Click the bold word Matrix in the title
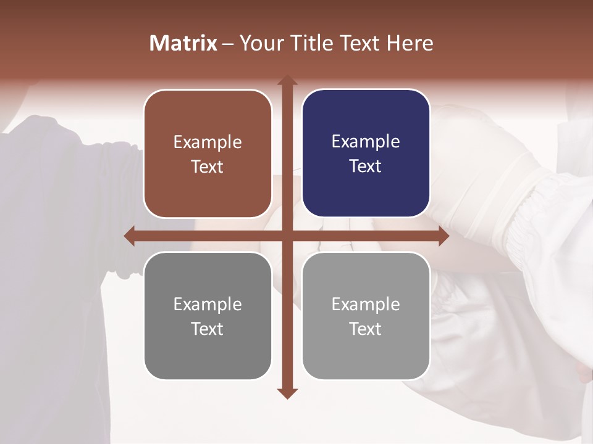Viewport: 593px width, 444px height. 183,43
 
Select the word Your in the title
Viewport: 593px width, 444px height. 262,43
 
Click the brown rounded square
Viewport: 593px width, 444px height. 208,154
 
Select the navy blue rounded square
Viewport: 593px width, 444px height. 366,154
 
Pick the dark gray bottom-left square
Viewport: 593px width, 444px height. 208,316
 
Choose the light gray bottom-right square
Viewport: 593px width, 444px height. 366,316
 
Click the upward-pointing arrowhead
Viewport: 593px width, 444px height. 287,81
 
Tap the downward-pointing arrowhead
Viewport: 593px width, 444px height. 287,393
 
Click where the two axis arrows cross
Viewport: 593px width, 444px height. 287,236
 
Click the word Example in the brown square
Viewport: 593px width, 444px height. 208,142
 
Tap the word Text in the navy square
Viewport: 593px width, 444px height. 366,166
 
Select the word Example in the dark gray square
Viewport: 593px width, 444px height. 208,304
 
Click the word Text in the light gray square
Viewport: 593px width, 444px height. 366,329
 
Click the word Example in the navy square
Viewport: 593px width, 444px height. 366,142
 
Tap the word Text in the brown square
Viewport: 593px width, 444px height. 208,167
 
